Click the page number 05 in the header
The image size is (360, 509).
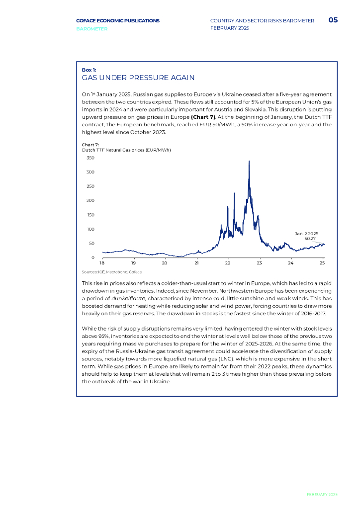pos(333,20)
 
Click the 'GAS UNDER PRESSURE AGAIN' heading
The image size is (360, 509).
pos(138,78)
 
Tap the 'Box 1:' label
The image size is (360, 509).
pos(89,70)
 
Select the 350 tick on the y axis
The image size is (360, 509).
pos(90,158)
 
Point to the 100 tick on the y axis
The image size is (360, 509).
pos(90,229)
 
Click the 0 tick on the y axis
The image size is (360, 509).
pos(92,257)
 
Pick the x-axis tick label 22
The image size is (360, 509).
pos(228,262)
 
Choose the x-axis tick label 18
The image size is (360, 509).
pos(102,262)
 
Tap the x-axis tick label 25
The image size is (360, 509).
pos(322,262)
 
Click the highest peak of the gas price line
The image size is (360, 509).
pos(249,161)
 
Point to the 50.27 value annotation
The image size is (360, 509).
pos(311,239)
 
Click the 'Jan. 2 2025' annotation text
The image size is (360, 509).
pos(307,233)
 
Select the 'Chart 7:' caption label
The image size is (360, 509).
pos(90,144)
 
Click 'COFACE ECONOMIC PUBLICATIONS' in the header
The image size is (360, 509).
pos(118,20)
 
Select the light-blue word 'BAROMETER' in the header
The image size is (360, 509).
pos(91,29)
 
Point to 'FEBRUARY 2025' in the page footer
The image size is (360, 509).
pos(322,495)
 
